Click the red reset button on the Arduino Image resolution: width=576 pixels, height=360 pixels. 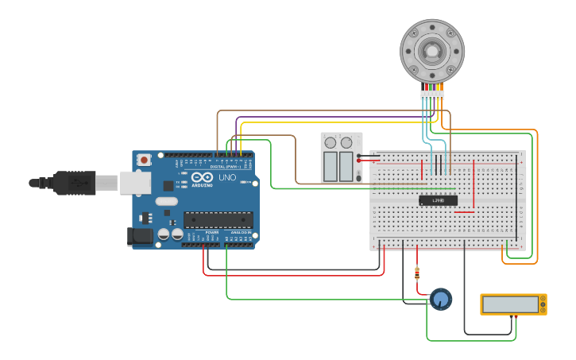[144, 160]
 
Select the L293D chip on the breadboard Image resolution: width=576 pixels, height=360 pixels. [438, 200]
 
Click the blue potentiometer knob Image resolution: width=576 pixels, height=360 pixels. [440, 299]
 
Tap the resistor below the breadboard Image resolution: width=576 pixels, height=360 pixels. [417, 274]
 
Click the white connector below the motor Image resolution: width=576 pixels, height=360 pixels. [432, 95]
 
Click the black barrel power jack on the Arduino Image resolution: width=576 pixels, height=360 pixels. [140, 236]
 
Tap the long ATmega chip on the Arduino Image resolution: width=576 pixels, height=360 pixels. [218, 219]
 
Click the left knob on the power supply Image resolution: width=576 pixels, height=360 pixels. [331, 143]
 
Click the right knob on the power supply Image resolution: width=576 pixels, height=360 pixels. [346, 143]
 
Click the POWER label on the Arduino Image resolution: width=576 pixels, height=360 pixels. [211, 232]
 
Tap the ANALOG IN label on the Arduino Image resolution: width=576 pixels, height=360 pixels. [240, 232]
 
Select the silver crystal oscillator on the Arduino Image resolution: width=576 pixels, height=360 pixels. [166, 202]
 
